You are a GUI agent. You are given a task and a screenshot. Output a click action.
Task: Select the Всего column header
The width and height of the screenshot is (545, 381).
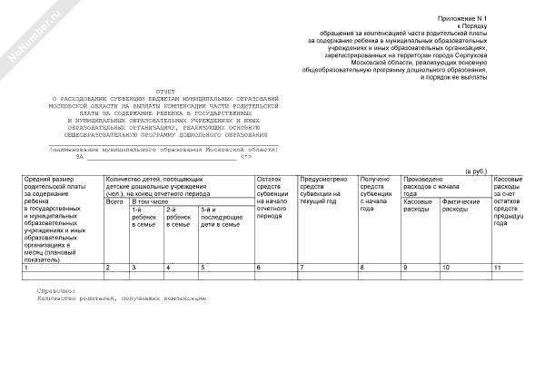[114, 202]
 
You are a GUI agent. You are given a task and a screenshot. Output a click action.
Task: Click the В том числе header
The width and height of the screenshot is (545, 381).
[151, 202]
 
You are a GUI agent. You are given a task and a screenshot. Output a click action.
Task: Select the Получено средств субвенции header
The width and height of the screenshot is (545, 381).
[377, 193]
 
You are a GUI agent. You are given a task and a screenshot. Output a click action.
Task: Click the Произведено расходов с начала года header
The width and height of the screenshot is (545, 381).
[436, 186]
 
